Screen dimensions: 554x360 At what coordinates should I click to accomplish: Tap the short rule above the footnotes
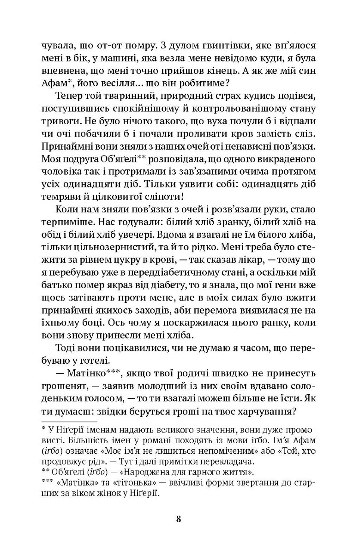coord(69,422)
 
